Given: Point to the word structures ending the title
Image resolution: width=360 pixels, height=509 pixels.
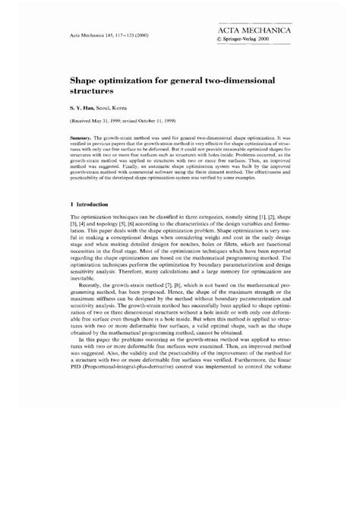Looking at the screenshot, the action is [x=97, y=90].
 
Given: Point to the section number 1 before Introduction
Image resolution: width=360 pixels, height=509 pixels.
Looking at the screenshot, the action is [x=72, y=204].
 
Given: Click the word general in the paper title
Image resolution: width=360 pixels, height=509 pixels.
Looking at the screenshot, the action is [x=194, y=78].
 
